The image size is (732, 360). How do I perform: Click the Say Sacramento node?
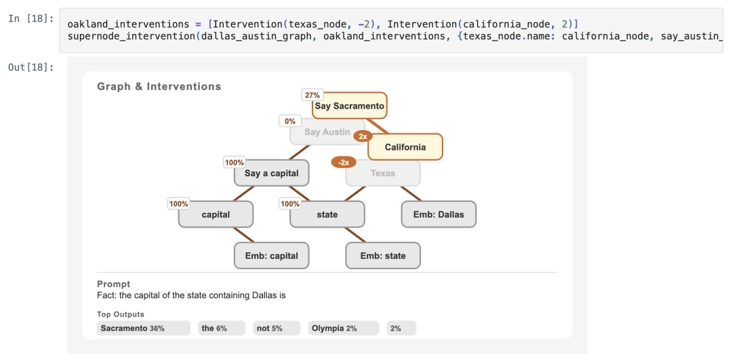pyautogui.click(x=350, y=106)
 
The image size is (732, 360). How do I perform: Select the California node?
pyautogui.click(x=405, y=147)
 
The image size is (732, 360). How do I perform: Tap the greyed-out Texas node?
pyautogui.click(x=383, y=174)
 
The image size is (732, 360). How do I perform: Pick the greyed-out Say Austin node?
pyautogui.click(x=327, y=132)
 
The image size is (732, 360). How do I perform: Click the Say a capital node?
pyautogui.click(x=271, y=174)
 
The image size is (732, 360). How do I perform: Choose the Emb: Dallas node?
pyautogui.click(x=439, y=214)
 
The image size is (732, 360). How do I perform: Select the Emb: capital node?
pyautogui.click(x=271, y=256)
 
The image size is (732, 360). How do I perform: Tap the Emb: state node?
pyautogui.click(x=383, y=256)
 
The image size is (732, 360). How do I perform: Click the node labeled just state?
pyautogui.click(x=327, y=214)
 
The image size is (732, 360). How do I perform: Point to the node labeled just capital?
pyautogui.click(x=216, y=214)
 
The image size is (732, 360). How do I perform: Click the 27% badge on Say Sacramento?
pyautogui.click(x=312, y=95)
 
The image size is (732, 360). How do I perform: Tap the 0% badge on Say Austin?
pyautogui.click(x=290, y=121)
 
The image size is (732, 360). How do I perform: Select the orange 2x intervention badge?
pyautogui.click(x=363, y=136)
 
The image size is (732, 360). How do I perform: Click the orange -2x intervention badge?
pyautogui.click(x=343, y=163)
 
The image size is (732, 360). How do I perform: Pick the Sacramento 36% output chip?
pyautogui.click(x=144, y=328)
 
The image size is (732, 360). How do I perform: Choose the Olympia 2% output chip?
pyautogui.click(x=344, y=328)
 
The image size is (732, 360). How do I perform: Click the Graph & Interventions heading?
pyautogui.click(x=159, y=86)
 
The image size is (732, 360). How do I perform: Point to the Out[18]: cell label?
pyautogui.click(x=31, y=67)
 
